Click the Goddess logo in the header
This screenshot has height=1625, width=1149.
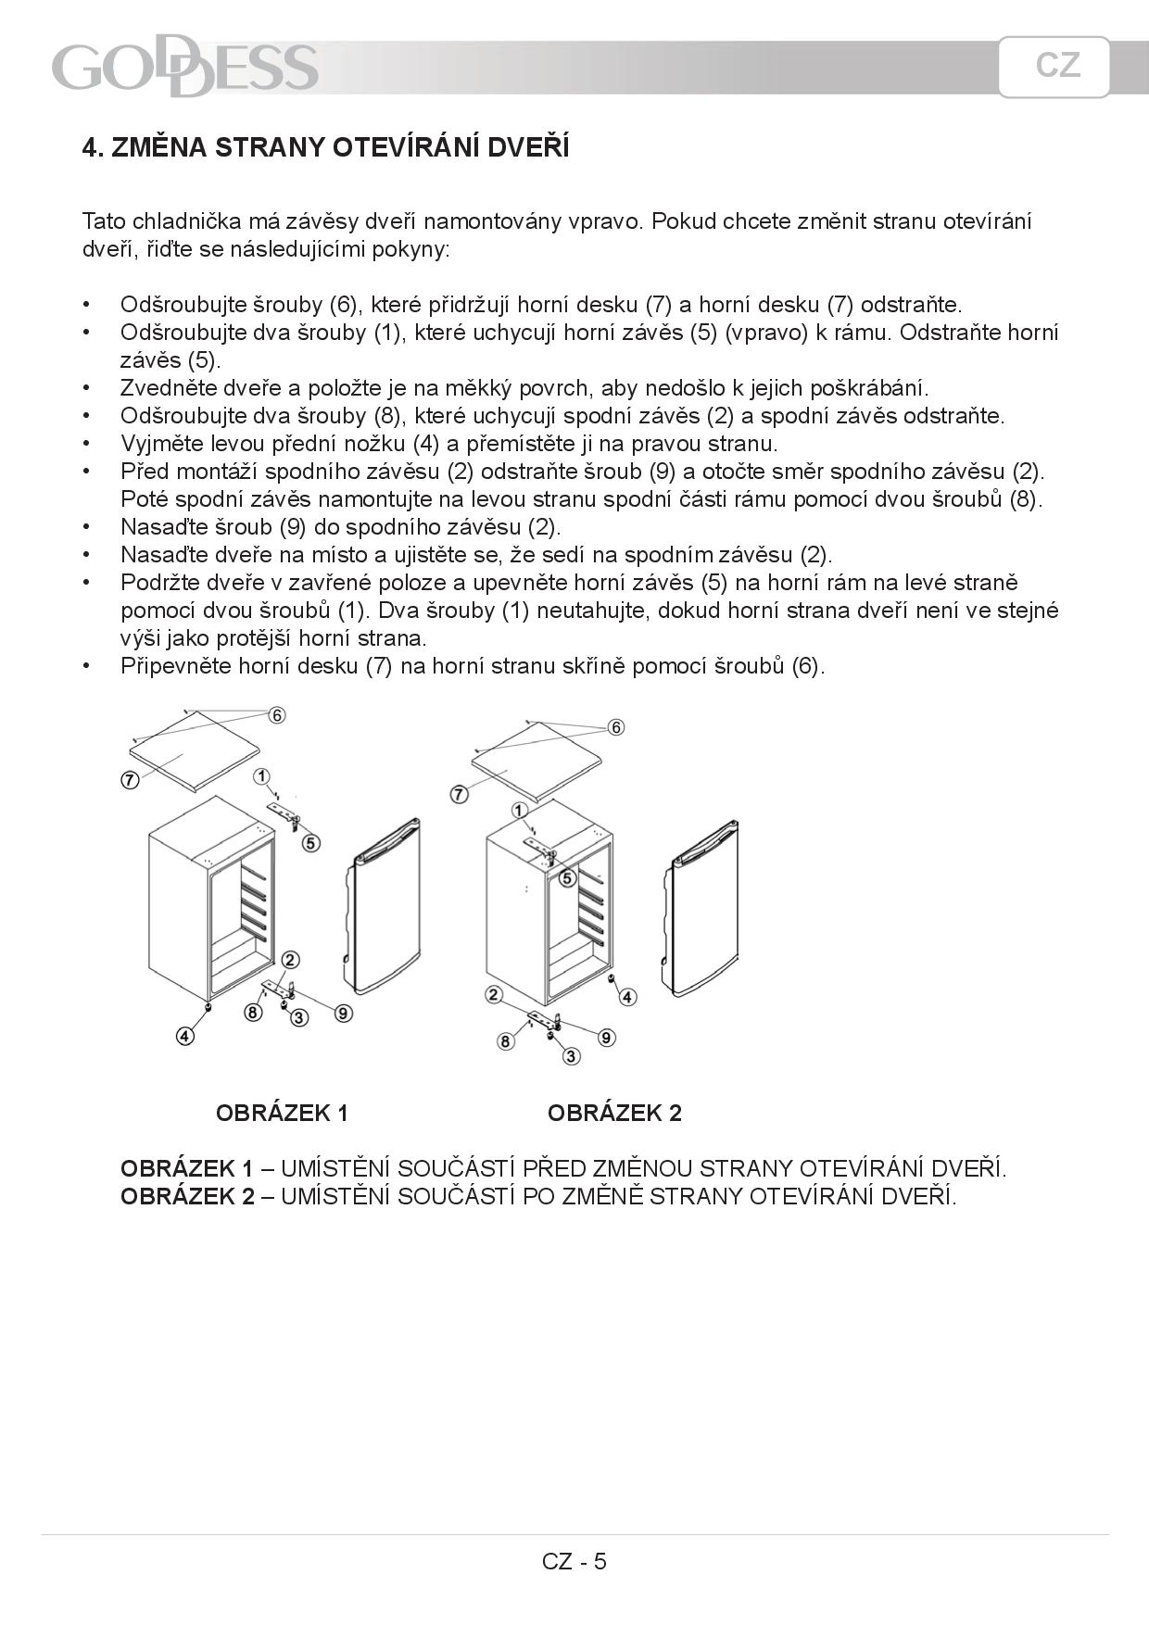(185, 68)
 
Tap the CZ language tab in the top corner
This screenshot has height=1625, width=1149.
(1054, 66)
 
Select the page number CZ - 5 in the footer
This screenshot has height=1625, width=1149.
(574, 1561)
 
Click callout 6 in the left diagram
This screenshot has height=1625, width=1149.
(277, 714)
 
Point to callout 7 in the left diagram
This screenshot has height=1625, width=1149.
(130, 780)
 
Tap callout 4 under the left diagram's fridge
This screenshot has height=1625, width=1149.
(185, 1037)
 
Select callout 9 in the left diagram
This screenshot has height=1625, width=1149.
(343, 1014)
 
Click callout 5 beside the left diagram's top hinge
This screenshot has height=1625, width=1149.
(311, 843)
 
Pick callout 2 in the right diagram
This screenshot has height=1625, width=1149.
(494, 995)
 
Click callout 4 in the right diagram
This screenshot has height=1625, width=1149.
(628, 997)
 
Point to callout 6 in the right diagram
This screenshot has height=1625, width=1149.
(616, 727)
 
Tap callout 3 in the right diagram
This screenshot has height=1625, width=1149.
(571, 1055)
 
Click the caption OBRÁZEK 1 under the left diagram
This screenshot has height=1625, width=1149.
(282, 1113)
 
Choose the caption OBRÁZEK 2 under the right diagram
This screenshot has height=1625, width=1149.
(614, 1113)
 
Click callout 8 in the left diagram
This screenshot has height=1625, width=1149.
(253, 1012)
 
